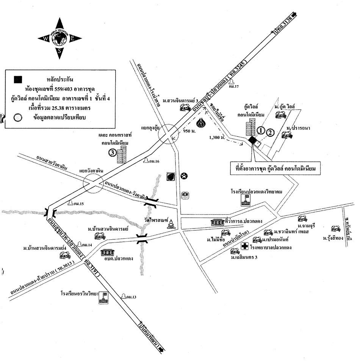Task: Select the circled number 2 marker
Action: pyautogui.click(x=270, y=133)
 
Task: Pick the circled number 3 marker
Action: pyautogui.click(x=112, y=153)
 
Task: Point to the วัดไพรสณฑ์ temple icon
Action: pyautogui.click(x=171, y=224)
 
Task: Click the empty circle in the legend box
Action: pyautogui.click(x=18, y=118)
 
